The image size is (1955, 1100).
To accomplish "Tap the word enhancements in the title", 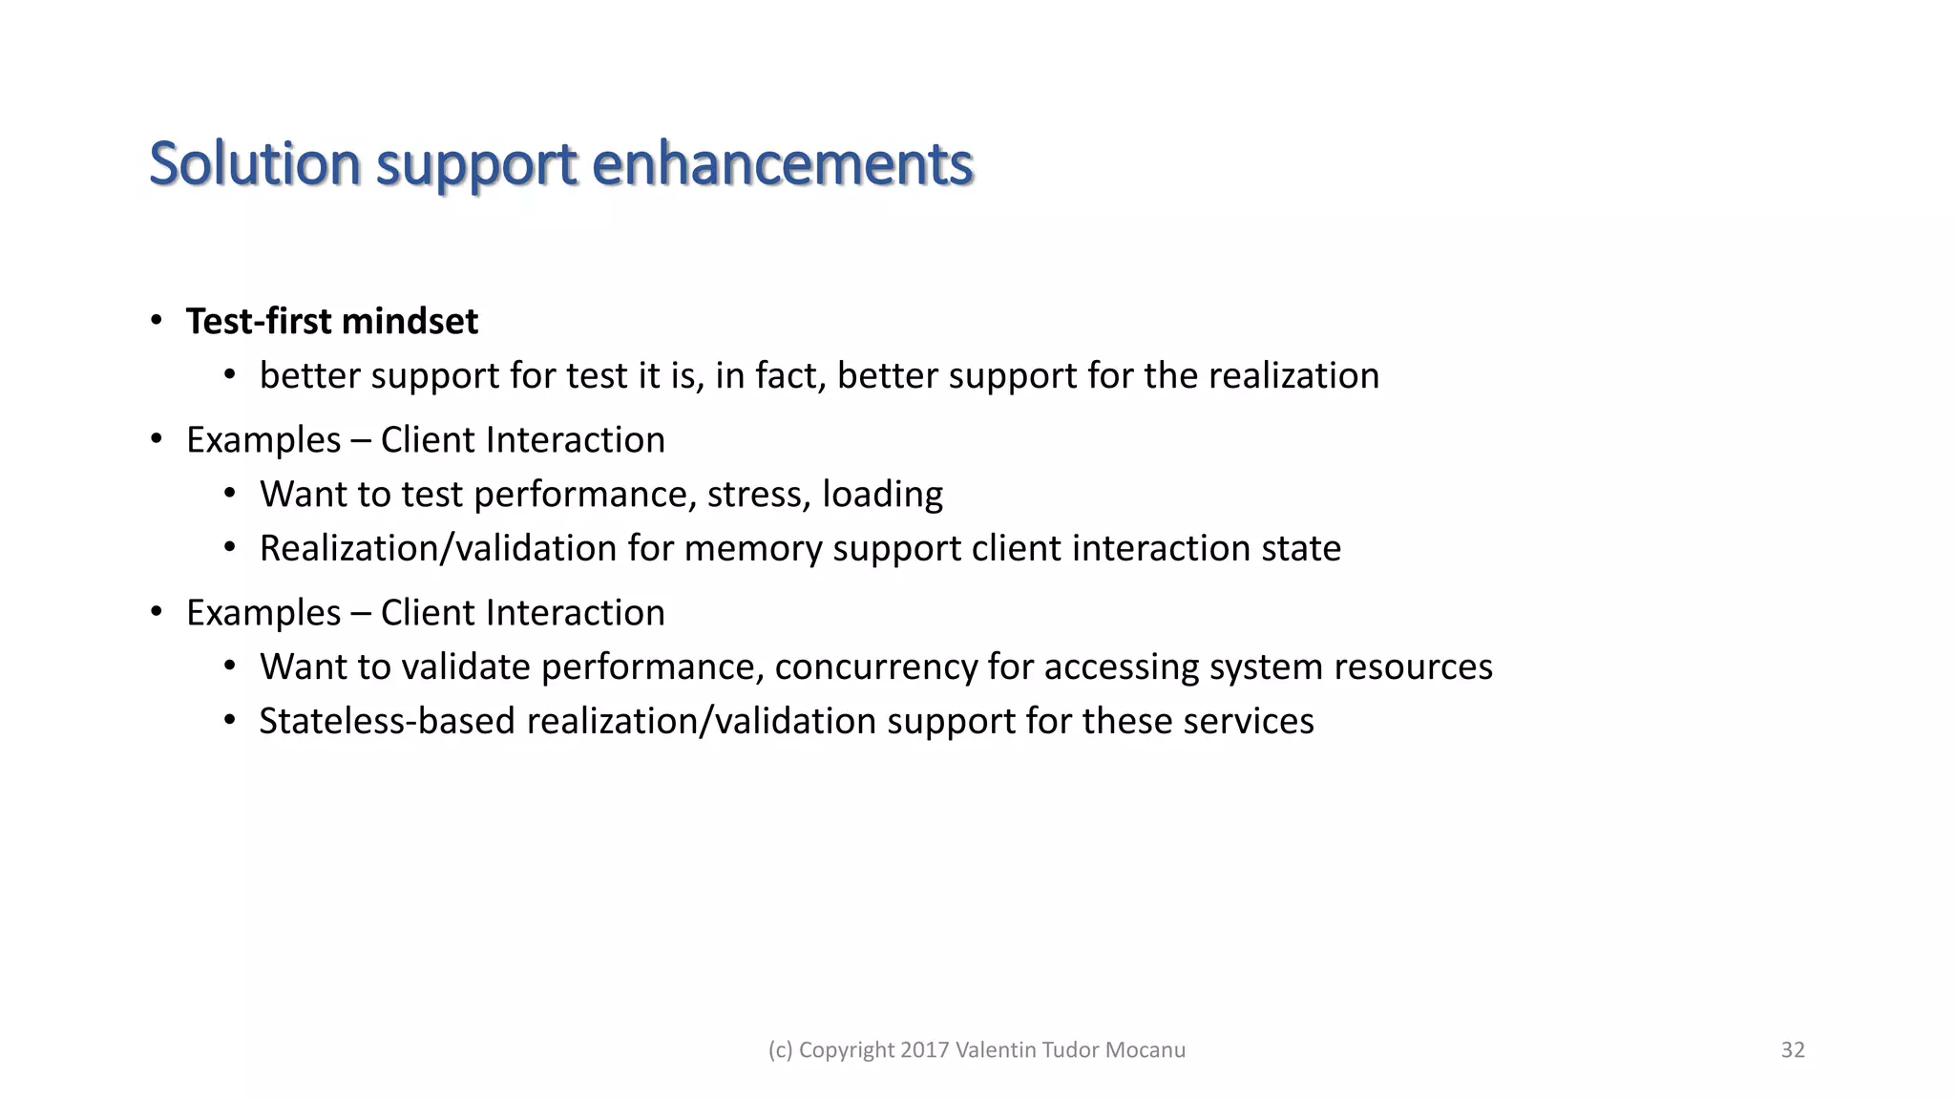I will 782,163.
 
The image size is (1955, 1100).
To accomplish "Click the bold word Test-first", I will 259,322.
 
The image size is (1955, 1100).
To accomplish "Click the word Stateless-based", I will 387,721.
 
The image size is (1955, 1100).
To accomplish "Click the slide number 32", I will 1793,1050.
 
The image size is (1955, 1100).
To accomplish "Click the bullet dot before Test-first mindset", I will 157,321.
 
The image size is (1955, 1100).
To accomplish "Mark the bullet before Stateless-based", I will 229,720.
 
